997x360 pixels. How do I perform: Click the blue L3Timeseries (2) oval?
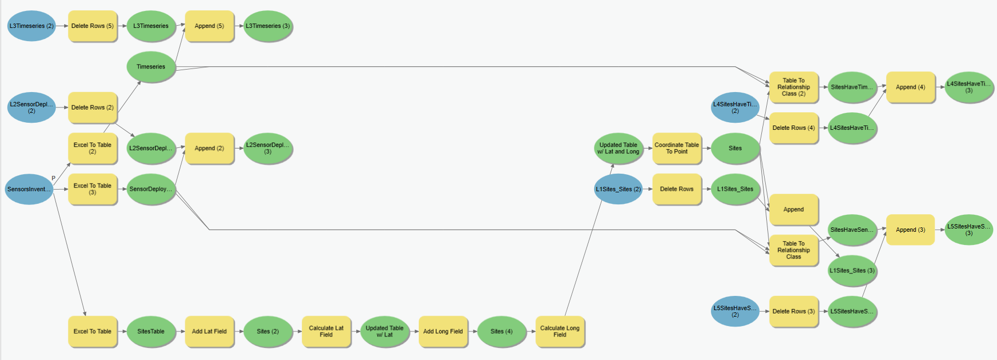31,26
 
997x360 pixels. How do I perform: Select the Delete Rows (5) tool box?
92,26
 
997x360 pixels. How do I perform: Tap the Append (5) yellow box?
209,26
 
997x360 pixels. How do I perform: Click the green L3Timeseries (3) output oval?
267,26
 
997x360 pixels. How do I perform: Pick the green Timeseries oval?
151,67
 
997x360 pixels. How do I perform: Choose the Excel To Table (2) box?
92,148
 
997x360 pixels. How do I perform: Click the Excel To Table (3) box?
92,189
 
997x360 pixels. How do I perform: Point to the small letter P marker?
53,178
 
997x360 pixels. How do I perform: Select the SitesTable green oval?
151,332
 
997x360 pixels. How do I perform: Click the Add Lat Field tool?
209,332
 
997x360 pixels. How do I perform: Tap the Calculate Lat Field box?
326,332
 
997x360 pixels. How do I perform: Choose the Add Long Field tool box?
443,332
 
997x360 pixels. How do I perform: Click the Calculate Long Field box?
560,332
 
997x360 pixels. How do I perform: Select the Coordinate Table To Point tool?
676,148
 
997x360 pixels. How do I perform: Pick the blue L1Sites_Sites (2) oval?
618,189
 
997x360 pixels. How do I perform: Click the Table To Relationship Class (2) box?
794,87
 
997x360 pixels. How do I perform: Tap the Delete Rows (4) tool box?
794,128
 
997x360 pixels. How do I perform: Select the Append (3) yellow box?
910,230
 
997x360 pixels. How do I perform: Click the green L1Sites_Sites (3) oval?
852,271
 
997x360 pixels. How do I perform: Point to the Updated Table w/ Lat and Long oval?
618,148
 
